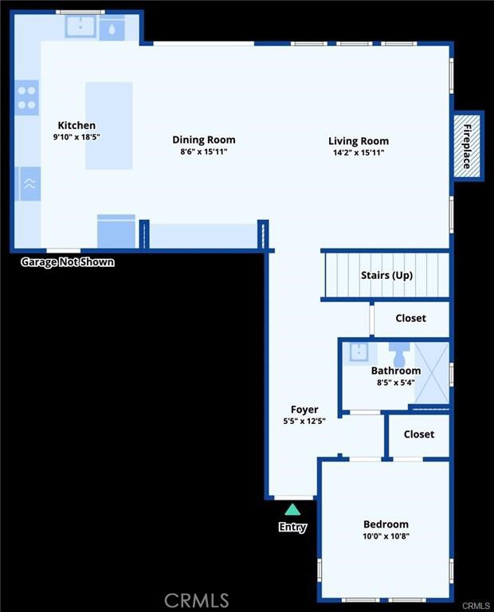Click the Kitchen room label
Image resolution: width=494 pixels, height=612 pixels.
[76, 125]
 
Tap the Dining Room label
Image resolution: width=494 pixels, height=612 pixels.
[204, 139]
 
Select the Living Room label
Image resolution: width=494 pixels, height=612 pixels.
[359, 141]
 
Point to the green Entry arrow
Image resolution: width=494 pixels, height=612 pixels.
[292, 509]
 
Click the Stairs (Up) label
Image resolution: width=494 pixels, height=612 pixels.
[386, 275]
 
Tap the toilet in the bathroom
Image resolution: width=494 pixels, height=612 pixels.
[399, 353]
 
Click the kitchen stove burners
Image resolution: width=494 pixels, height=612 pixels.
[27, 97]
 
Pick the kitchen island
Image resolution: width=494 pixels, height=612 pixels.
[108, 125]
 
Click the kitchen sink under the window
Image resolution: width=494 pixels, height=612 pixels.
[80, 28]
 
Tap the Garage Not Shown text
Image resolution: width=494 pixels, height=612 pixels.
[67, 262]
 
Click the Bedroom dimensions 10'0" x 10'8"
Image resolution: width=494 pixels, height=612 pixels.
[386, 536]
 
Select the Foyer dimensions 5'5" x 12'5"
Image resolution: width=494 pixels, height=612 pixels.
[304, 421]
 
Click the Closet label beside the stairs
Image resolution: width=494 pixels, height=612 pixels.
[410, 318]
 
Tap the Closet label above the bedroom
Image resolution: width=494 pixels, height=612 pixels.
[418, 434]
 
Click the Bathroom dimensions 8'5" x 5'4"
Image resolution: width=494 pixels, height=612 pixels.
[395, 382]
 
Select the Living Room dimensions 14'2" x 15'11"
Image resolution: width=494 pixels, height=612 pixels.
[359, 152]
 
